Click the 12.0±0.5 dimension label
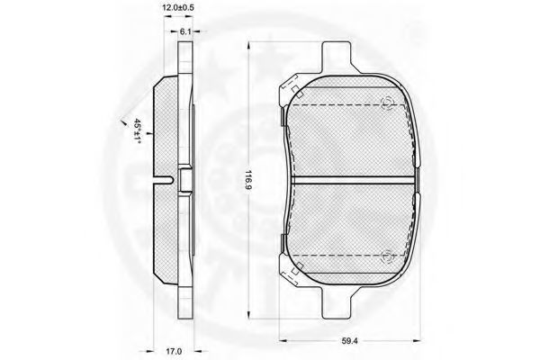178,7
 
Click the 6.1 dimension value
185,31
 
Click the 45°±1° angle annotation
138,130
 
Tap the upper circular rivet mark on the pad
387,103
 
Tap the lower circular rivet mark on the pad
387,256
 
